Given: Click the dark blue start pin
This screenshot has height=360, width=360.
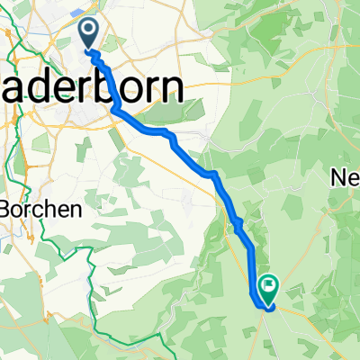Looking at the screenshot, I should point(90,33).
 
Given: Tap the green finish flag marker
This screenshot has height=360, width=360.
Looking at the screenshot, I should point(267,288).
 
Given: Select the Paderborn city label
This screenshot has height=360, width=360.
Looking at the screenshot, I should point(99,87).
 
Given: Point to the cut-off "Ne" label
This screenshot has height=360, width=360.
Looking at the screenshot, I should point(346,175).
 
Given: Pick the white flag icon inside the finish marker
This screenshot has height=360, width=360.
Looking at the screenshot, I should point(267,285).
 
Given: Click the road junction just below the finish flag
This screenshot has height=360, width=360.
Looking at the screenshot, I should point(267,308).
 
